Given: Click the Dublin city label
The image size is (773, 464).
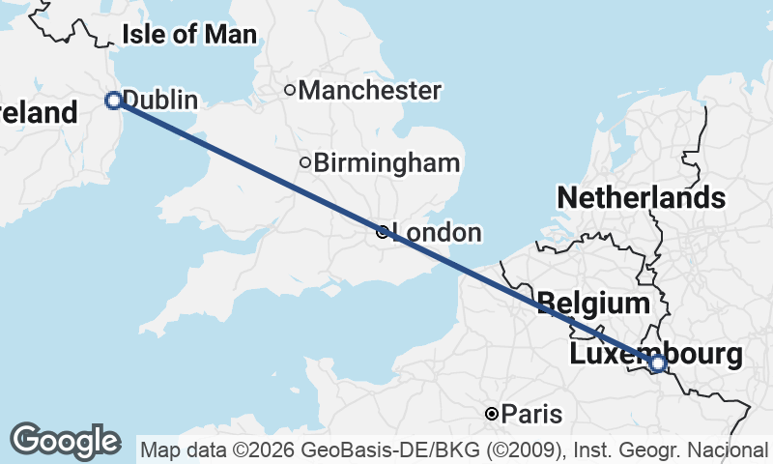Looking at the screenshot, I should (x=160, y=101).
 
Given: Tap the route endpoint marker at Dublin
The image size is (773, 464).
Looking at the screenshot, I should (x=113, y=100).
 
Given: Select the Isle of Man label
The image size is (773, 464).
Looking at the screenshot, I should (x=189, y=36).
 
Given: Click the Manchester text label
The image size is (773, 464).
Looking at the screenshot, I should (x=370, y=91).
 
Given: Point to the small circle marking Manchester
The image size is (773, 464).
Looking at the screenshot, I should (x=289, y=91).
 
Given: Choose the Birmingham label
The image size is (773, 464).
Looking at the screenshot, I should (x=386, y=162).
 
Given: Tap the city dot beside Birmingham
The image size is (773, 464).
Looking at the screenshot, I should (x=305, y=162).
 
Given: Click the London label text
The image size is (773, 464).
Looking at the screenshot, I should (x=437, y=233).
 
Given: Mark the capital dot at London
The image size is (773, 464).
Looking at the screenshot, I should (x=383, y=232).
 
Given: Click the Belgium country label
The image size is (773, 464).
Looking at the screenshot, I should (x=593, y=304).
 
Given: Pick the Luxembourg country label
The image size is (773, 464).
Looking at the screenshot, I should (x=656, y=354).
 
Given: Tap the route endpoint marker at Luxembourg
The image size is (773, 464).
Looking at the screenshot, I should (x=657, y=363).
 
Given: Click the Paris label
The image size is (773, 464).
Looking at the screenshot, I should (x=532, y=415).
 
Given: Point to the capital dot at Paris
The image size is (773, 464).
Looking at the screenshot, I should (x=492, y=414).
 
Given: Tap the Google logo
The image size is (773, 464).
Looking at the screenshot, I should (x=65, y=441).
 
